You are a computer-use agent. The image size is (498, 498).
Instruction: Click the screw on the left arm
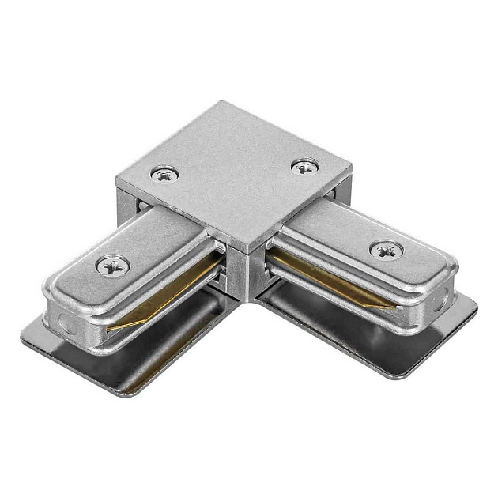pos(112,266)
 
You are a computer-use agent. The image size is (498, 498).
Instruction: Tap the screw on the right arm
pos(385,251)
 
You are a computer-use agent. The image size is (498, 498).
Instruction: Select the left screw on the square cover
pos(165,173)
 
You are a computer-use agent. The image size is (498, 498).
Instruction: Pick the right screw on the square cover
pos(304,167)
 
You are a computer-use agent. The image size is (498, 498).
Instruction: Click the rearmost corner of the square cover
pos(224,102)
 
